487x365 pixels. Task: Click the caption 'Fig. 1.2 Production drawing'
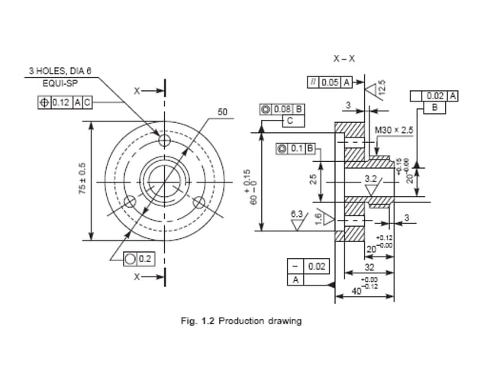point(240,321)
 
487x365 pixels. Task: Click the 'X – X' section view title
point(344,58)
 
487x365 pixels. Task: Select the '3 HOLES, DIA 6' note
point(60,71)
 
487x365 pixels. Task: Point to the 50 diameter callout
point(222,112)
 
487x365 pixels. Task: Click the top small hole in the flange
point(164,141)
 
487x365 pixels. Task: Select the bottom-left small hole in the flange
point(130,202)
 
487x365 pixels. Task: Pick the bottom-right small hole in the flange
point(200,202)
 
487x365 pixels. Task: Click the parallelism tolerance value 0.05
point(330,82)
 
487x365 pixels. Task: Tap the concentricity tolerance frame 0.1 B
point(298,148)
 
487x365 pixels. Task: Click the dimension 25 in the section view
point(314,180)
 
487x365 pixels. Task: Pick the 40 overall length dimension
point(356,292)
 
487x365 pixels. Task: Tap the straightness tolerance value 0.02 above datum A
point(317,266)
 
